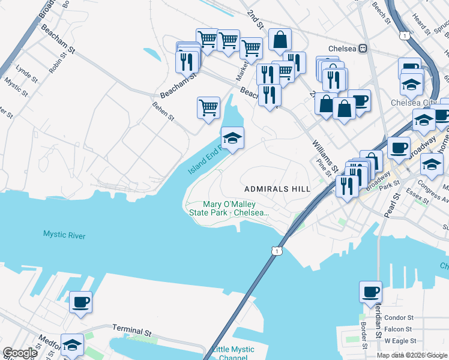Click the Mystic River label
point(64,235)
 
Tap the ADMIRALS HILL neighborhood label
point(277,189)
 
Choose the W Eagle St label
point(399,341)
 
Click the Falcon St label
point(399,329)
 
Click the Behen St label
point(163,110)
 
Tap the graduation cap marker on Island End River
point(232,139)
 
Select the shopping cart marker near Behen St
point(208,108)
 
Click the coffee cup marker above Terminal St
point(80,302)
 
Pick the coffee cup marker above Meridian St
point(370,292)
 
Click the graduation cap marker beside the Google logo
point(72,345)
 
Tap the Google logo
point(20,353)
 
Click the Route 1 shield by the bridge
point(275,250)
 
